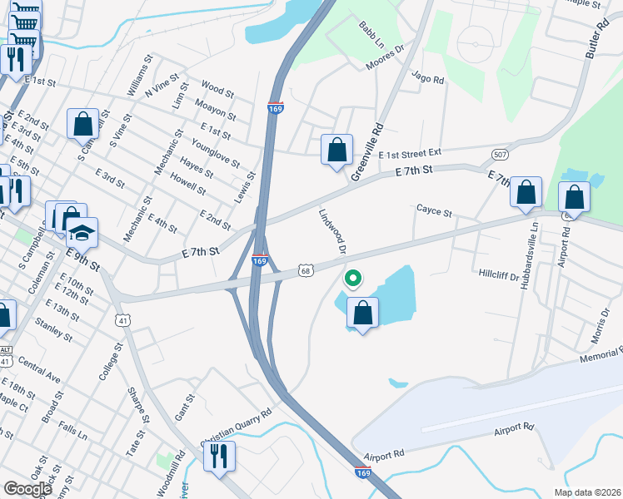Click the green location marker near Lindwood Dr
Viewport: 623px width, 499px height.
[352, 279]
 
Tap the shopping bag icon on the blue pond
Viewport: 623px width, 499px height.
[362, 314]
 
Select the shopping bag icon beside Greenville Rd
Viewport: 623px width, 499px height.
[336, 151]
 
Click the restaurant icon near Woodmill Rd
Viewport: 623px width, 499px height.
[219, 456]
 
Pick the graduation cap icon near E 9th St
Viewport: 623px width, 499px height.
[82, 233]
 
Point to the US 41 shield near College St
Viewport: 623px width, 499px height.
[122, 319]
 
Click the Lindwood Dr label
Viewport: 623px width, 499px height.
[331, 230]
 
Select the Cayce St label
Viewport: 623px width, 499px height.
[434, 213]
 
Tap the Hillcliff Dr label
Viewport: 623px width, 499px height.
[499, 273]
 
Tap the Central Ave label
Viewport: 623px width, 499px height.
[39, 370]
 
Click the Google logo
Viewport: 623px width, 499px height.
[28, 489]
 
